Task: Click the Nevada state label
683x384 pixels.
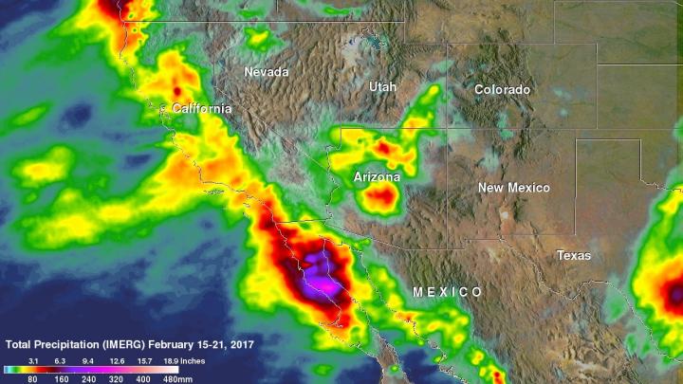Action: point(267,72)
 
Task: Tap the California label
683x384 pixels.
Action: point(201,109)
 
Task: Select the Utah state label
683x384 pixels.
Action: point(382,86)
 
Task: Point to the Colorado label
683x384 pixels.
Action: point(503,90)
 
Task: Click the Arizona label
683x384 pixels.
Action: point(377,177)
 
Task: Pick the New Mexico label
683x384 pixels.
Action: point(513,188)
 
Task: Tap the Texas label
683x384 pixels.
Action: point(573,256)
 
